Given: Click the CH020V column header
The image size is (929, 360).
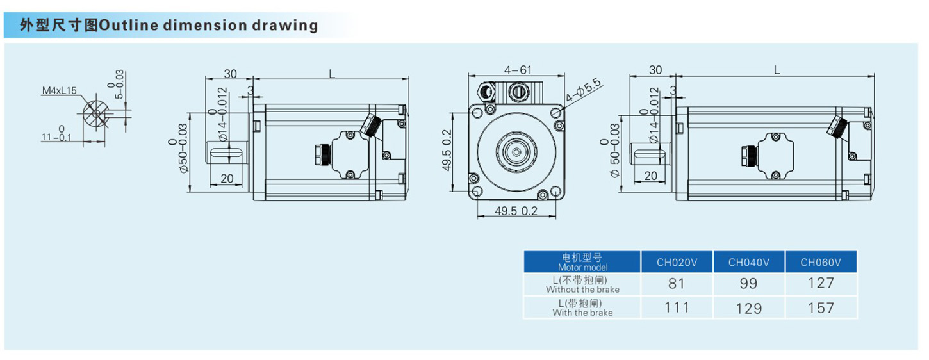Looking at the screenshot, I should [677, 262].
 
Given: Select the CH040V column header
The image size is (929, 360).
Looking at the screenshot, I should [748, 262].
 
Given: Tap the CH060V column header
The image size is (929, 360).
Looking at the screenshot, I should [821, 262].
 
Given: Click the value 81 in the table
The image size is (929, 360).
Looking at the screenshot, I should [677, 283].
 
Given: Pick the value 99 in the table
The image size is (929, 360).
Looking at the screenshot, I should [748, 283].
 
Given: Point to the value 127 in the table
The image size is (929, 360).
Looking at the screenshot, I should [821, 283].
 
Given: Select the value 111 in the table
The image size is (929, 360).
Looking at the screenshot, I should [677, 307].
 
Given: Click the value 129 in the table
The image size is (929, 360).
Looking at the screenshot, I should [748, 308].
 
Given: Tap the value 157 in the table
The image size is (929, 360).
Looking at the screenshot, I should [821, 308].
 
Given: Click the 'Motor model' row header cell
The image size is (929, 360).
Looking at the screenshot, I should [582, 262].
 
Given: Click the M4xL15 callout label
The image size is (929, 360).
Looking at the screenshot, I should [60, 91].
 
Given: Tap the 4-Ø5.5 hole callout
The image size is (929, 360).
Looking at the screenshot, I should [583, 90].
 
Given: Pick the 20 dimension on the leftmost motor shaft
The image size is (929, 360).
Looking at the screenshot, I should [227, 179].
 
